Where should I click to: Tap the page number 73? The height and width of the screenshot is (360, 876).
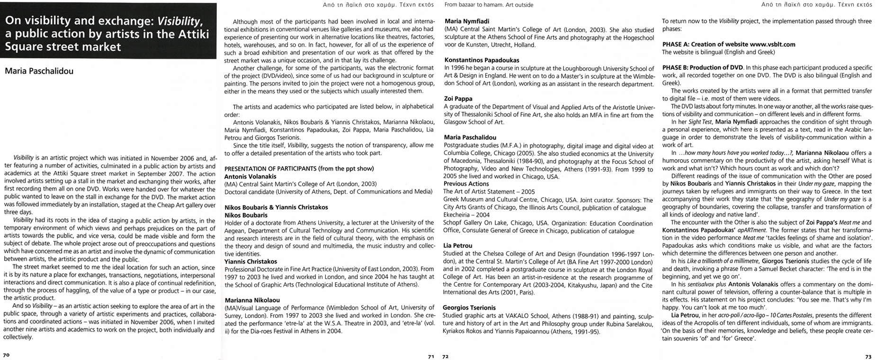tap(867, 356)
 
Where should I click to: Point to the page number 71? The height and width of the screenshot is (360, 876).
tap(430, 356)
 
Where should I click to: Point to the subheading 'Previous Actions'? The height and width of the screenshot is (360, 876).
tap(466, 184)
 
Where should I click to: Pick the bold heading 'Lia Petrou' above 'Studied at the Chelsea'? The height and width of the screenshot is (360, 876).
tap(458, 245)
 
